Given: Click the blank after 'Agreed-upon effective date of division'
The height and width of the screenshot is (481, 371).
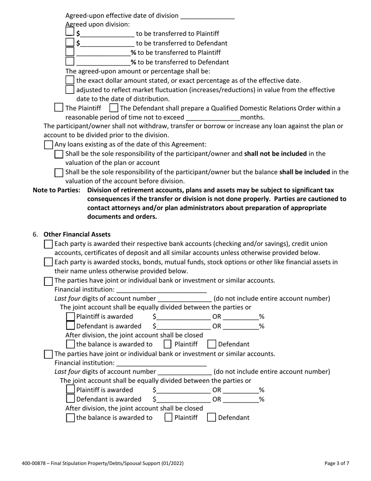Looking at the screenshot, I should (x=207, y=16).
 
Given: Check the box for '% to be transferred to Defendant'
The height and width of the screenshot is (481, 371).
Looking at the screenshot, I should (x=70, y=61).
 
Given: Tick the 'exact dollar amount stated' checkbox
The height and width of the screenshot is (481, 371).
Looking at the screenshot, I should (x=70, y=80).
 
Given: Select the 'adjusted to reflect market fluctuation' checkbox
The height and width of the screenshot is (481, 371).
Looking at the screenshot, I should (x=70, y=90).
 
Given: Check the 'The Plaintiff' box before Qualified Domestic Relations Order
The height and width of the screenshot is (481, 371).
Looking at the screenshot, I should (x=59, y=108).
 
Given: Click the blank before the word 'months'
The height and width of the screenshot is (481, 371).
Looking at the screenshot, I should (x=213, y=117).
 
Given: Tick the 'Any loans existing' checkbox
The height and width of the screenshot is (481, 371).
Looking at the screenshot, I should (x=48, y=145).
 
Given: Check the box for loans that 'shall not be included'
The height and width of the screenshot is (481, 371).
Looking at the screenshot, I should (x=59, y=154).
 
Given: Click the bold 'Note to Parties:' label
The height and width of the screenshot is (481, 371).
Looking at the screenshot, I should (x=56, y=190).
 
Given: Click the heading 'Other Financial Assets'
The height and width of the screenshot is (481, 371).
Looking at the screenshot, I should (x=77, y=234).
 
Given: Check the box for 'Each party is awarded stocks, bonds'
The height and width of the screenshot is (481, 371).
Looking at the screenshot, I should (x=48, y=262).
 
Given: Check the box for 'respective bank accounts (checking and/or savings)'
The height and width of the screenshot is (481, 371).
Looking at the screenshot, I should (x=48, y=244).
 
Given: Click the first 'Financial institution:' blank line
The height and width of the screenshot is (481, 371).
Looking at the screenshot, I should (x=161, y=290).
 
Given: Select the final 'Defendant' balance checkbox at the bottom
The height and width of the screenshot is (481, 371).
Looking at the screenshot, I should (x=211, y=417).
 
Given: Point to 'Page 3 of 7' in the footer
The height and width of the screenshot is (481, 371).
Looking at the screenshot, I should (x=337, y=463).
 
